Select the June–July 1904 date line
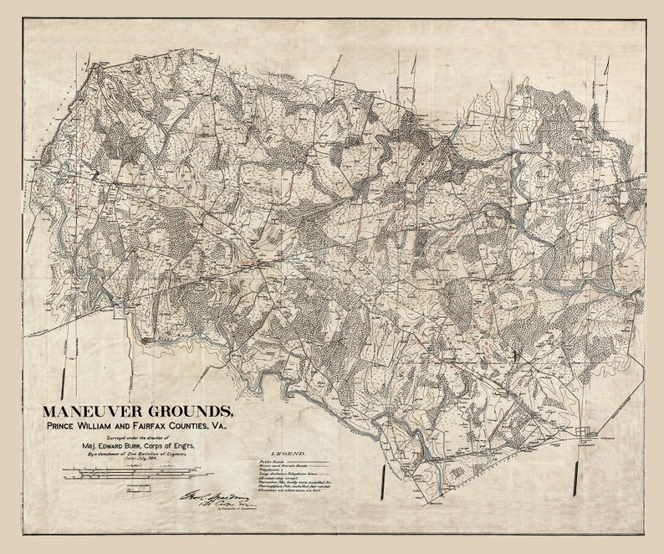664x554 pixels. click(x=136, y=460)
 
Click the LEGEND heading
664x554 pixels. click(x=288, y=452)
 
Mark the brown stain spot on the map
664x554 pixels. click(x=148, y=341)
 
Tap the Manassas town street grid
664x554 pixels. click(x=586, y=434)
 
